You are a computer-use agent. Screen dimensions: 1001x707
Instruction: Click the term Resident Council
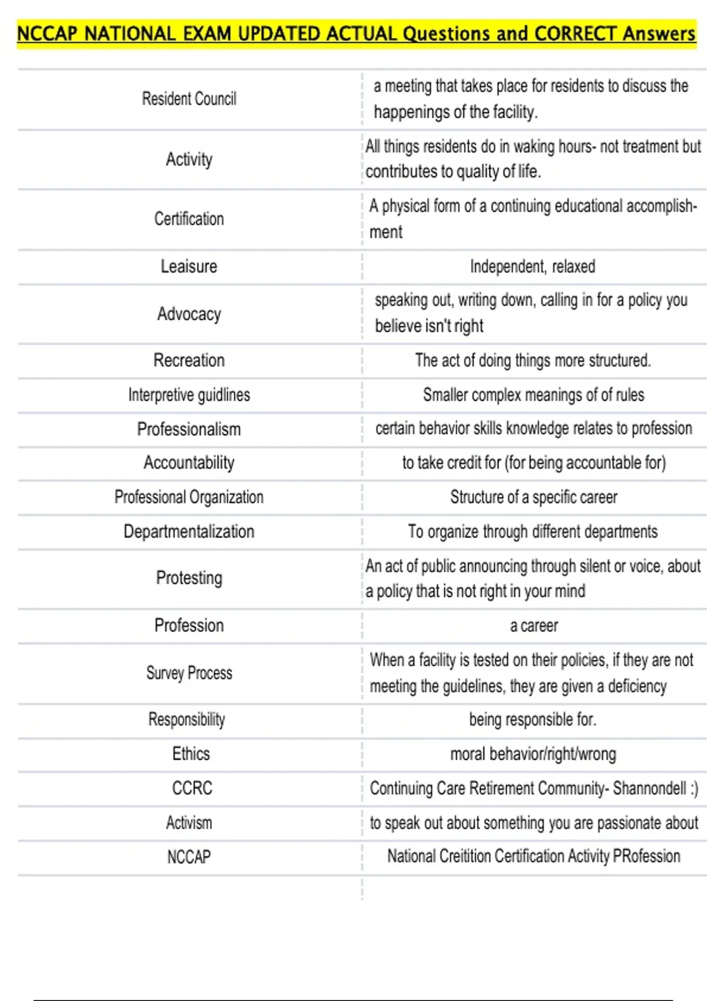click(x=189, y=99)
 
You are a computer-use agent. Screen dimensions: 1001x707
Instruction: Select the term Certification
click(x=189, y=219)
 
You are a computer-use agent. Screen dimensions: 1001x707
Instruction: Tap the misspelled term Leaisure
click(x=189, y=267)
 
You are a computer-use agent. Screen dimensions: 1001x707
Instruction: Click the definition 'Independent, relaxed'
click(x=533, y=267)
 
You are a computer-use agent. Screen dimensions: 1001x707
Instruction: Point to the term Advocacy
click(x=189, y=314)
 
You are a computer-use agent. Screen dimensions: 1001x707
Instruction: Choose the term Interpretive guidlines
click(x=189, y=395)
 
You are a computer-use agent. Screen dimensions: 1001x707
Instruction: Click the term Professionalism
click(x=189, y=429)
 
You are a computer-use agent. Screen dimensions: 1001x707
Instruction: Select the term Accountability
click(x=189, y=463)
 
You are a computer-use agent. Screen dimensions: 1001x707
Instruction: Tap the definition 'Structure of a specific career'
click(x=534, y=497)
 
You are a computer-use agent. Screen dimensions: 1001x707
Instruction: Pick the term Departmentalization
click(x=189, y=532)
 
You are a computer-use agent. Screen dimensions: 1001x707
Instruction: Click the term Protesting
click(x=189, y=578)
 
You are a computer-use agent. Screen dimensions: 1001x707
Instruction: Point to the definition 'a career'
click(x=534, y=625)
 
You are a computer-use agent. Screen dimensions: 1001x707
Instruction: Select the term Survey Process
click(x=189, y=673)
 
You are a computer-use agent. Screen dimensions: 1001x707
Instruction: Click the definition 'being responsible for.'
click(x=533, y=720)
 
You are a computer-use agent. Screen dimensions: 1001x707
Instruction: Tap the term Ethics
click(x=191, y=754)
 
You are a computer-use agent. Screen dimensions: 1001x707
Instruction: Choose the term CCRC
click(x=192, y=788)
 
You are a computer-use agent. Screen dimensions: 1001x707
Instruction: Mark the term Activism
click(x=189, y=823)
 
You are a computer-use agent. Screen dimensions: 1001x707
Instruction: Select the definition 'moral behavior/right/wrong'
click(x=533, y=754)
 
